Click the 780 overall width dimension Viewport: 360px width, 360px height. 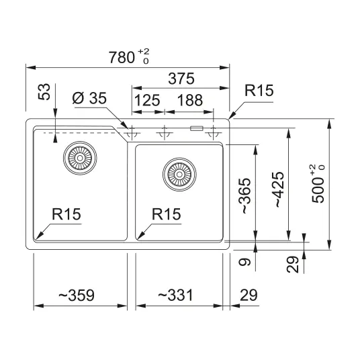click(129, 56)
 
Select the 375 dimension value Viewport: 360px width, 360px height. click(181, 79)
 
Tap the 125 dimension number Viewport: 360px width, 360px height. click(147, 100)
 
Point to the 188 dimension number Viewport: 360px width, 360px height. click(190, 100)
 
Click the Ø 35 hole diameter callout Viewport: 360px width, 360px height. click(89, 98)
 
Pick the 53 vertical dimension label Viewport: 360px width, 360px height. click(44, 91)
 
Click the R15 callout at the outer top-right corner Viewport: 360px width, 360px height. click(259, 91)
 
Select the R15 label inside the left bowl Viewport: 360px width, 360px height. click(66, 214)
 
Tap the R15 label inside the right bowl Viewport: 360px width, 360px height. click(167, 214)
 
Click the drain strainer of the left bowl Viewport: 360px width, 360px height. click(80, 158)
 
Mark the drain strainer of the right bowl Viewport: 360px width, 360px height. click(179, 175)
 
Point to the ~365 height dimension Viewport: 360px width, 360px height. click(244, 195)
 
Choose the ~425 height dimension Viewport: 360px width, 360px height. click(279, 189)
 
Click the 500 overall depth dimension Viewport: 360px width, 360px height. click(318, 183)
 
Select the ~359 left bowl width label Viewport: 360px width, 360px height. click(77, 295)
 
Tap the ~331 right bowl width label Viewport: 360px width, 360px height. click(176, 295)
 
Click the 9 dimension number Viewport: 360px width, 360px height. click(244, 262)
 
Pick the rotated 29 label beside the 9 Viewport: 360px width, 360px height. click(293, 264)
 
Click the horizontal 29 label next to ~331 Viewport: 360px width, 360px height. click(249, 295)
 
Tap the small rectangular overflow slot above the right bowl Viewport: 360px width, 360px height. click(196, 128)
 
